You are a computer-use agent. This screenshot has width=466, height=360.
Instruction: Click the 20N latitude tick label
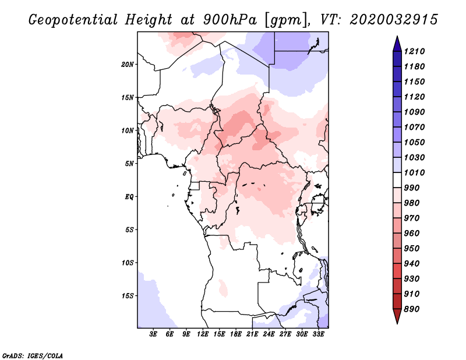[128, 65]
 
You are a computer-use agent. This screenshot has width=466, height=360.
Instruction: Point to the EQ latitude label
[129, 197]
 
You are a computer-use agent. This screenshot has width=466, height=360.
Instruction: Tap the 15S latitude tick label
[128, 296]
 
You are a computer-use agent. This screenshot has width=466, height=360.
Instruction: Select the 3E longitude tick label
[153, 334]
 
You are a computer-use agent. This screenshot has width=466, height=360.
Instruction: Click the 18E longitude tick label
[236, 334]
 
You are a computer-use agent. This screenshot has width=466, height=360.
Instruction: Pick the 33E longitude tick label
[318, 334]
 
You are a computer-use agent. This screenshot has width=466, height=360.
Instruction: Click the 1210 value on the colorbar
[414, 51]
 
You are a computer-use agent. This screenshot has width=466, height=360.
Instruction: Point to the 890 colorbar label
[412, 309]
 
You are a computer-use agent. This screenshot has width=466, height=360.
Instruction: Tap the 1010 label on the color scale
[414, 172]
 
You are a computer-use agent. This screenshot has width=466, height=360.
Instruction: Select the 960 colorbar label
[412, 234]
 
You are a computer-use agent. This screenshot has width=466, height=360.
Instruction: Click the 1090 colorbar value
[414, 112]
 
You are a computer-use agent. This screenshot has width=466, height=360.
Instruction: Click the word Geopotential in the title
[73, 20]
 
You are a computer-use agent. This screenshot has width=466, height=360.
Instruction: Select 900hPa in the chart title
[230, 20]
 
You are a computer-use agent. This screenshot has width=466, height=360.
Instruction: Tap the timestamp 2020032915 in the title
[394, 20]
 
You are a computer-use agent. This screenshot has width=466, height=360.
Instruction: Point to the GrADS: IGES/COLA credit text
[33, 356]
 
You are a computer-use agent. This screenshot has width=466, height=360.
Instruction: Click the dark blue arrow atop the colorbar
[397, 44]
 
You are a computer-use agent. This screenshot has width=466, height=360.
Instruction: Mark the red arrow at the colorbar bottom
[397, 316]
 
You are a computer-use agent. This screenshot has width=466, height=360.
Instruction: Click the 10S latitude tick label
[128, 263]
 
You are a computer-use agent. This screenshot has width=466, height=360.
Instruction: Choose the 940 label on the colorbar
[412, 264]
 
